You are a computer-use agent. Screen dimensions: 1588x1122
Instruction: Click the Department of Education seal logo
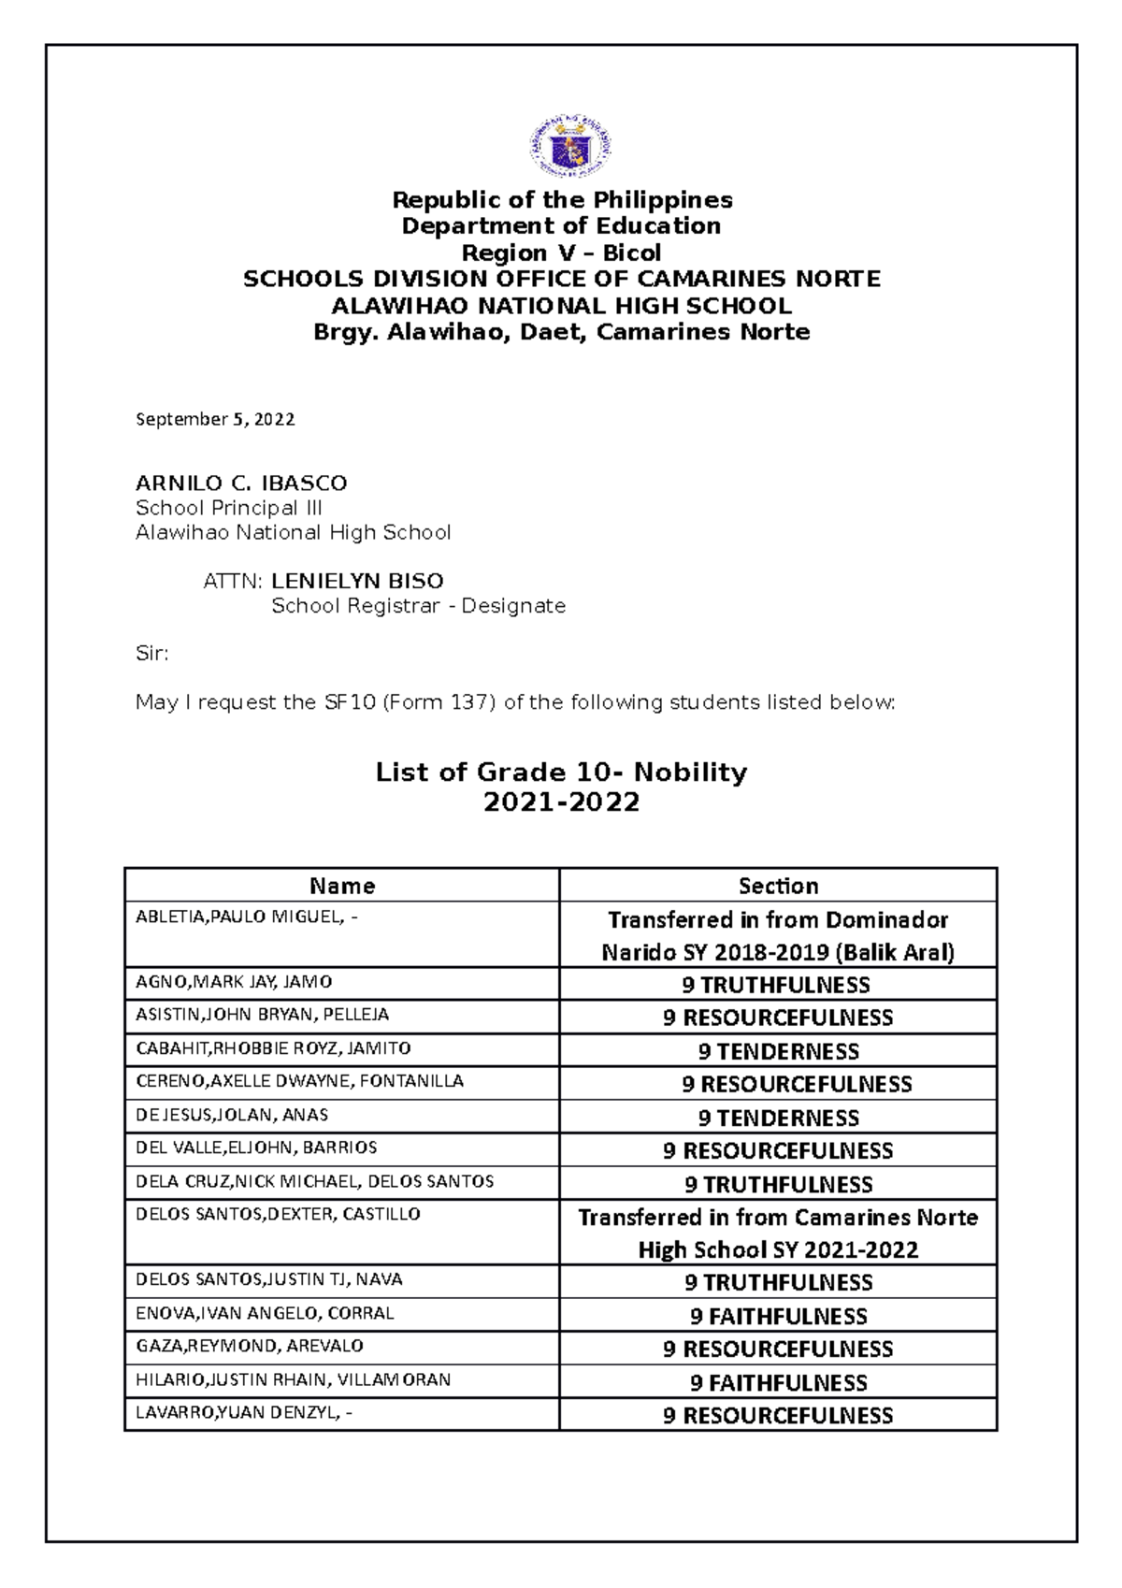click(x=571, y=147)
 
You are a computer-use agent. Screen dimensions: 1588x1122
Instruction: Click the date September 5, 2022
click(x=215, y=419)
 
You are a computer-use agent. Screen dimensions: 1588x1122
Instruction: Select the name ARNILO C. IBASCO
click(x=241, y=484)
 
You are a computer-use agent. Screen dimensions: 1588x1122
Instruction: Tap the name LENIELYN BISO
click(x=356, y=581)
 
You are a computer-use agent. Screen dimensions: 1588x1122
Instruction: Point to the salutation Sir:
click(x=151, y=654)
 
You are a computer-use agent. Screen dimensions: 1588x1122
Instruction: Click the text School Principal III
click(x=228, y=508)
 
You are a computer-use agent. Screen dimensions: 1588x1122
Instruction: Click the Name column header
click(x=342, y=886)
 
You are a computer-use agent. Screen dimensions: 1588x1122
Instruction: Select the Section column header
click(x=778, y=886)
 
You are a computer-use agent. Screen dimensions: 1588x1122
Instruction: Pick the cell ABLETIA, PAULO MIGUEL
click(x=247, y=917)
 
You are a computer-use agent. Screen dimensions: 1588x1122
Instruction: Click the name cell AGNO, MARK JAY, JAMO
click(x=234, y=982)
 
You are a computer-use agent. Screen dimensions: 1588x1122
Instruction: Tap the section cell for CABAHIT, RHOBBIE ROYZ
click(x=778, y=1051)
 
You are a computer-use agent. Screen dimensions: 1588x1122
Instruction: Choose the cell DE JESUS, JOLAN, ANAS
click(x=232, y=1115)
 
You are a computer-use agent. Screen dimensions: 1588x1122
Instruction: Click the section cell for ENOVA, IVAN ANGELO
click(x=778, y=1316)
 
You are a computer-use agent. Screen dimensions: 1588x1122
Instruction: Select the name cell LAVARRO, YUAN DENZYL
click(x=244, y=1412)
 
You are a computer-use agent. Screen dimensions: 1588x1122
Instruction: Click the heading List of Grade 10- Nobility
click(x=561, y=772)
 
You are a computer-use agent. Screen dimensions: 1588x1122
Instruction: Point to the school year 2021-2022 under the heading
click(x=561, y=802)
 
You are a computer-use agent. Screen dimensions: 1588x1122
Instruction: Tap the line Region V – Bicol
click(x=561, y=253)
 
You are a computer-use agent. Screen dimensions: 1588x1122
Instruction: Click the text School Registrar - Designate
click(x=418, y=606)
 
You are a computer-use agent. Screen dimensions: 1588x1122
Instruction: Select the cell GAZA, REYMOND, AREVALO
click(x=249, y=1346)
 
